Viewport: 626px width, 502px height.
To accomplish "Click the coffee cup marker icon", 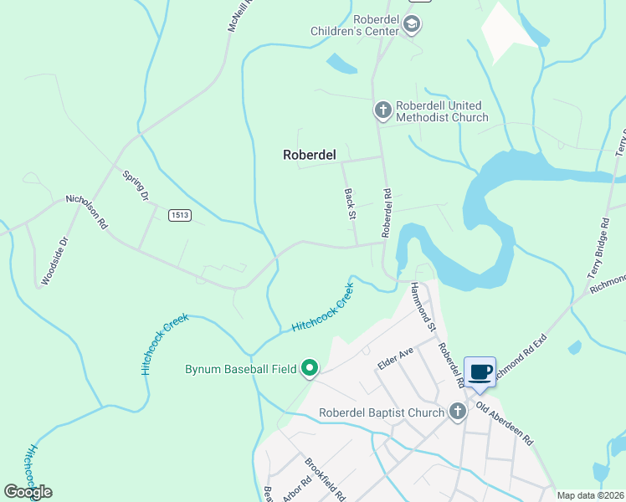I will pos(480,372).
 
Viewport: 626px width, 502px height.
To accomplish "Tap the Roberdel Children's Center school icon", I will pos(411,26).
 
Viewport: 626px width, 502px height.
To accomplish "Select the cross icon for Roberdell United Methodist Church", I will pos(382,110).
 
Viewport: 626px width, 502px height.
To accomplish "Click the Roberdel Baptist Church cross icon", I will pos(457,412).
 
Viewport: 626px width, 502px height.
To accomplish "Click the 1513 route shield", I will pos(179,215).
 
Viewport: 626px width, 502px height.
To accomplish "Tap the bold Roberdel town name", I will pos(309,154).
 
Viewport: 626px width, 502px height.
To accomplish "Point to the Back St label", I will pos(351,204).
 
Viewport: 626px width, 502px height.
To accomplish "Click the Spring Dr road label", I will pos(135,186).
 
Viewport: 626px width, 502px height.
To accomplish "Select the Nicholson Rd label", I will pos(87,213).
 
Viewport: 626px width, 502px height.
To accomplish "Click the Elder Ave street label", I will pos(395,357).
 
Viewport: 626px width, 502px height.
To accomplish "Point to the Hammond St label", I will pos(423,306).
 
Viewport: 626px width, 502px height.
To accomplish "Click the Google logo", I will pos(28,492).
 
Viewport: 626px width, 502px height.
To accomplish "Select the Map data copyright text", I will pos(591,495).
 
